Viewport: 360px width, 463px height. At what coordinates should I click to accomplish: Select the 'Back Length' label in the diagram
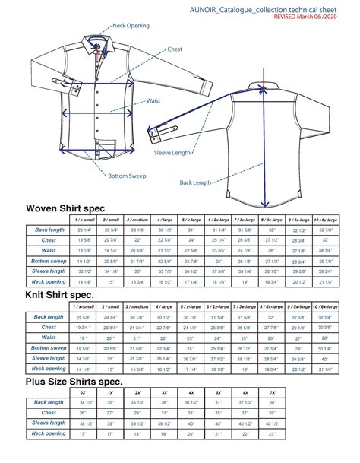(x=195, y=182)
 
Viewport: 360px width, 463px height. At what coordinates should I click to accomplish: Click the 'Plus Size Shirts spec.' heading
(x=74, y=382)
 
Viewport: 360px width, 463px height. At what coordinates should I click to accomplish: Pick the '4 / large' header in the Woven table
(x=164, y=219)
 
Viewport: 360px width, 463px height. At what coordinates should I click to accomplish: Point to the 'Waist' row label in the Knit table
(x=49, y=337)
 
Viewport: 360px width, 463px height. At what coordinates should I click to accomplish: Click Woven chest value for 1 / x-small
(x=84, y=239)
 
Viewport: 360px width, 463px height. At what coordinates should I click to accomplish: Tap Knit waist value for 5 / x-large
(x=191, y=338)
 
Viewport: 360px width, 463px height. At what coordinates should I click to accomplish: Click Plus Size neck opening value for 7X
(x=271, y=435)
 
